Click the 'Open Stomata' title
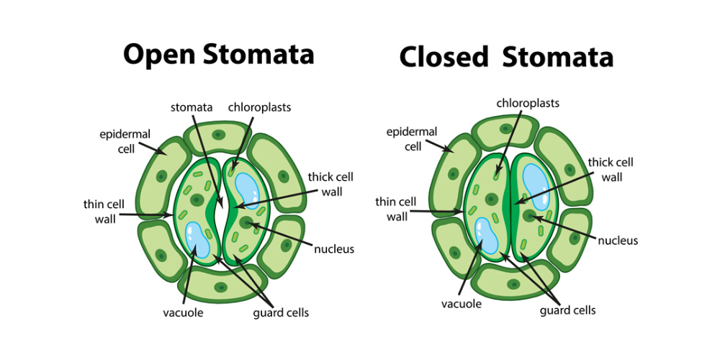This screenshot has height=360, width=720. (x=218, y=54)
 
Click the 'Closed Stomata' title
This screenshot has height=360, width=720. (x=506, y=57)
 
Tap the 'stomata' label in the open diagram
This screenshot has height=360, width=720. (x=192, y=108)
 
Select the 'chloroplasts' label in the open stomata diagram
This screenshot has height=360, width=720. (x=258, y=108)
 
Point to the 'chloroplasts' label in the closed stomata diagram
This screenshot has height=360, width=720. (x=528, y=103)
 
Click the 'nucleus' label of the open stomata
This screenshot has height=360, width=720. (x=333, y=249)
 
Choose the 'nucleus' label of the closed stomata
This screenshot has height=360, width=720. (x=618, y=240)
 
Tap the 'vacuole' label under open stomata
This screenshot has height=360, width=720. (x=184, y=312)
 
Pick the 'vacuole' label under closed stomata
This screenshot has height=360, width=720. (x=461, y=304)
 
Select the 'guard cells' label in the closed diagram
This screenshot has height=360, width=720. (x=567, y=310)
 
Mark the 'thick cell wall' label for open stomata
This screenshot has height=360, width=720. (x=330, y=184)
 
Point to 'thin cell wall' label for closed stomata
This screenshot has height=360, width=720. (x=395, y=209)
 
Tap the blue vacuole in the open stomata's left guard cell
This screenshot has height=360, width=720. (x=197, y=239)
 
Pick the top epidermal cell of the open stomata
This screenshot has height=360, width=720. (x=217, y=135)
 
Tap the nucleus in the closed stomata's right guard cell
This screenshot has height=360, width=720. (x=531, y=215)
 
